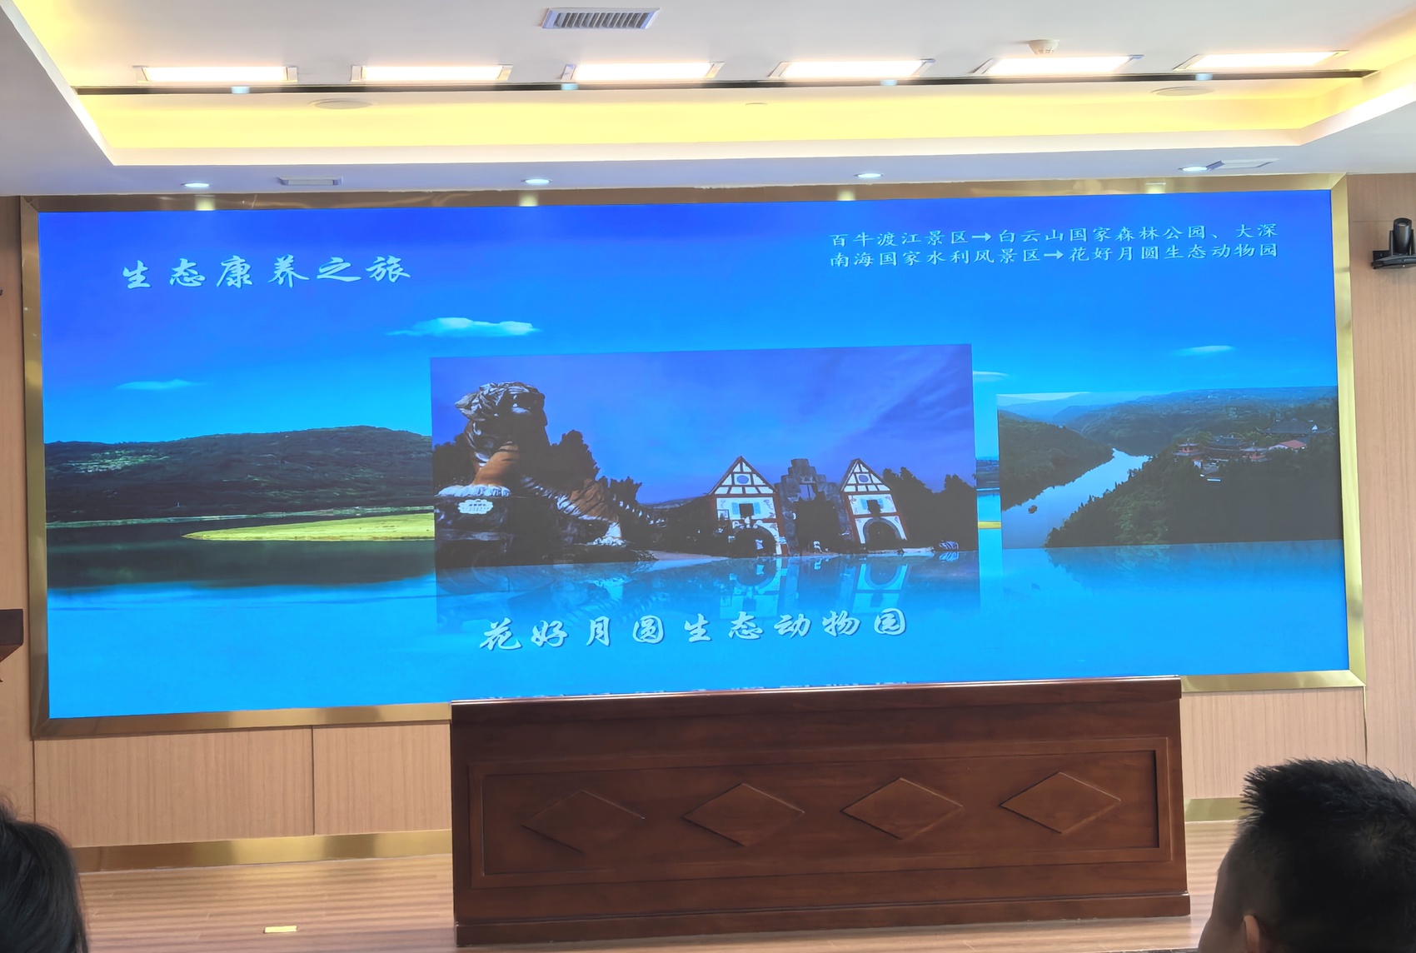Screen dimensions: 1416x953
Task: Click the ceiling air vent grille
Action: click(599, 17)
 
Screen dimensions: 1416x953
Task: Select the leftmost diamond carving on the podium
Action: click(582, 819)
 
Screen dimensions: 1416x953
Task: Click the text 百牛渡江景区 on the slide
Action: click(899, 238)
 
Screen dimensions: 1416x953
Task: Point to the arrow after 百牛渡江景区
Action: click(984, 237)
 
